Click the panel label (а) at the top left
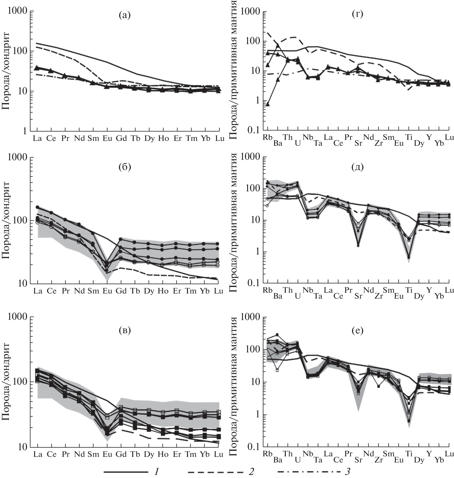125,16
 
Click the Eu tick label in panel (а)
107,139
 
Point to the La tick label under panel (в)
38,454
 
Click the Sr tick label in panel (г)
358,143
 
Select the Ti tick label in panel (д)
409,290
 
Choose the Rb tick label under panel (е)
268,454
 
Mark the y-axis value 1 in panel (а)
24,131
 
